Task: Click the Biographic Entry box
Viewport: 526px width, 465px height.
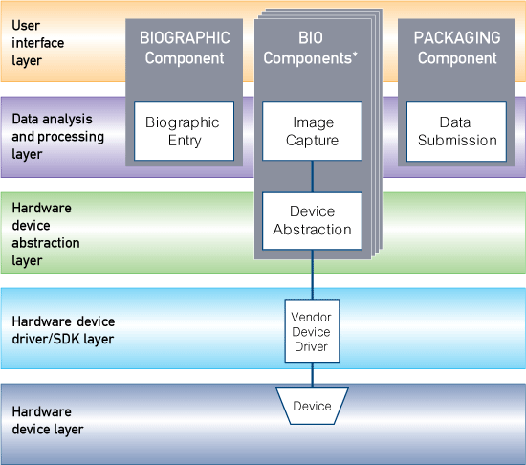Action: [x=182, y=131]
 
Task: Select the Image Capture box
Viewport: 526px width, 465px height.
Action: [x=312, y=131]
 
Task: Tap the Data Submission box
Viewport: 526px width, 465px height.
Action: [x=454, y=131]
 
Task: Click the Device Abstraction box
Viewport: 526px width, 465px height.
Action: [x=312, y=220]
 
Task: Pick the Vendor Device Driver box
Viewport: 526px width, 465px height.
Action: [x=312, y=330]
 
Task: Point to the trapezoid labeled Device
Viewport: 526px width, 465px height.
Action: [x=312, y=407]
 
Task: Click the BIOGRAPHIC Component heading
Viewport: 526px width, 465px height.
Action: [x=185, y=48]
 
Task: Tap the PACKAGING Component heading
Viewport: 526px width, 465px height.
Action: [x=457, y=48]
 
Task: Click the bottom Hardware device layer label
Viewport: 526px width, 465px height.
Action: [x=48, y=420]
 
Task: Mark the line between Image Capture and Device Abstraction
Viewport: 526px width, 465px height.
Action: [x=312, y=176]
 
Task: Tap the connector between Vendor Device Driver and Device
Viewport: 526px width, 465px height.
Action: [x=312, y=375]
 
